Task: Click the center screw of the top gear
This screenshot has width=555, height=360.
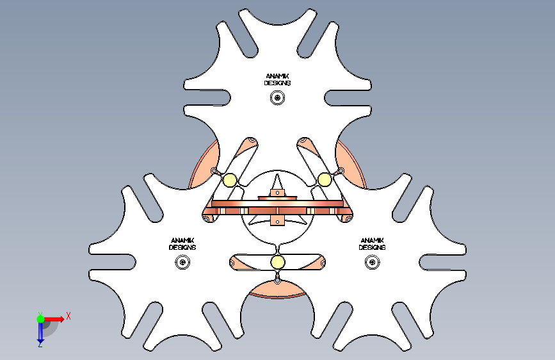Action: tap(277, 98)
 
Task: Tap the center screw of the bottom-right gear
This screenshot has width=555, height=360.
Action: tap(373, 262)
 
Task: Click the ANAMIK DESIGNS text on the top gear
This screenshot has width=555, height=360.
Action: tap(278, 79)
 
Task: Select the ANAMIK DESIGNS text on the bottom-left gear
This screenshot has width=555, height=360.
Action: tap(182, 244)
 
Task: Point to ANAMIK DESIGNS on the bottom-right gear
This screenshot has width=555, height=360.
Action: tap(372, 244)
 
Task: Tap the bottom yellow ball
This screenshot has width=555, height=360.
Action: tap(278, 262)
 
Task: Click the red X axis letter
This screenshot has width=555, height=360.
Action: tap(68, 316)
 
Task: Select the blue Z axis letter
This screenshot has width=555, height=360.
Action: tap(40, 345)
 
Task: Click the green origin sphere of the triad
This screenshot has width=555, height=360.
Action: tap(40, 319)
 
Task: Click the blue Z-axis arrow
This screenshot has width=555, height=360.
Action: tap(40, 332)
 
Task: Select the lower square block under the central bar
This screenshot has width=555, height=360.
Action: tap(277, 221)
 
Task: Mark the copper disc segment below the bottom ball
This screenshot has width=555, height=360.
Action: tap(277, 290)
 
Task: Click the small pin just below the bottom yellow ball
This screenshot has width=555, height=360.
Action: tap(277, 278)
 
